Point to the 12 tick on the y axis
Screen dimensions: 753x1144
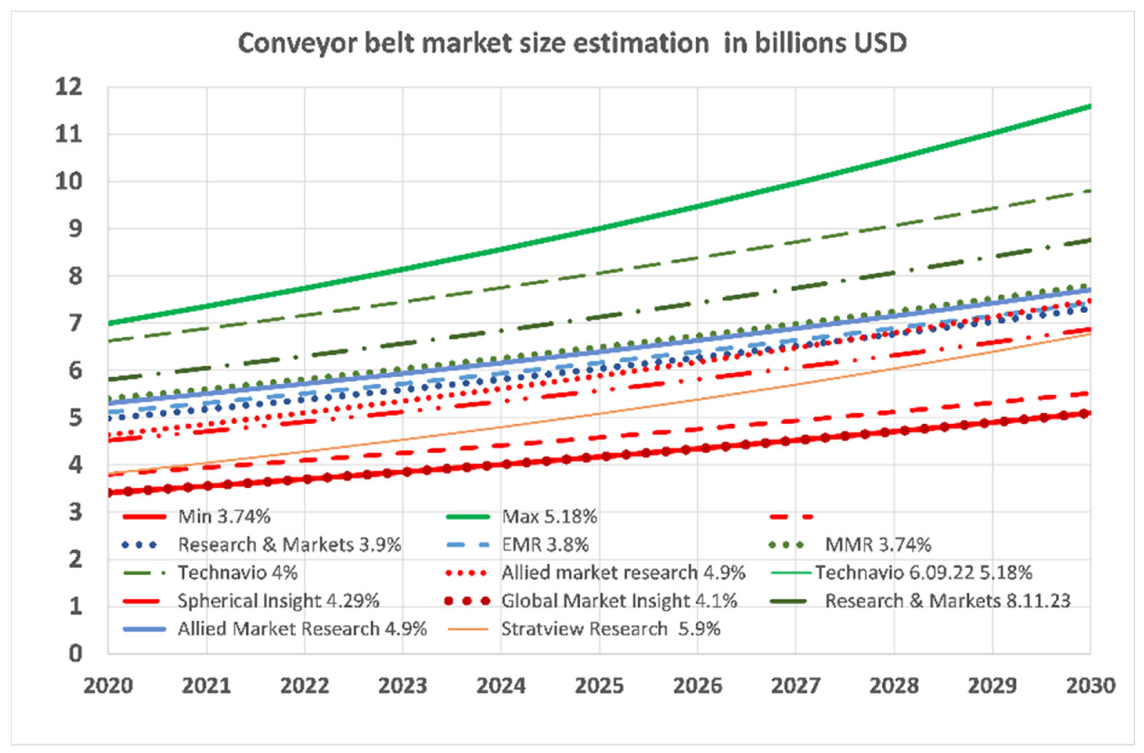[x=69, y=88]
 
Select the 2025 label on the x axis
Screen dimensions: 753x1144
[x=599, y=686]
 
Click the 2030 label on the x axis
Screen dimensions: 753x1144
[x=1090, y=686]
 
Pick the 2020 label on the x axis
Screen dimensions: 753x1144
[x=108, y=686]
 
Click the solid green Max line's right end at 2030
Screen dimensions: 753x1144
[x=1089, y=106]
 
